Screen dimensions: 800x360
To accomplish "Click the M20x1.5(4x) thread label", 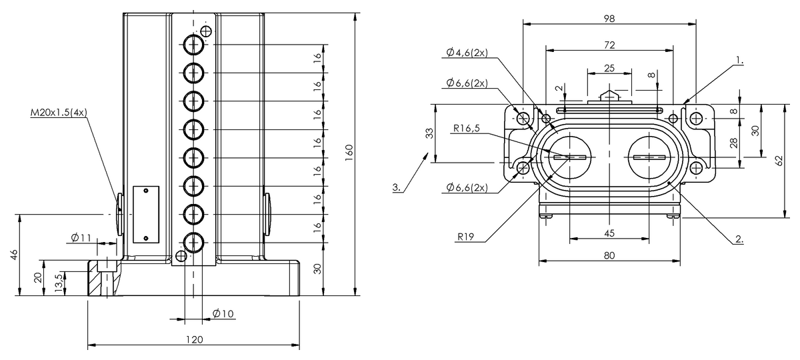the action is [x=59, y=113].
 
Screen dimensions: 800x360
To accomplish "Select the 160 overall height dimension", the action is [x=349, y=153].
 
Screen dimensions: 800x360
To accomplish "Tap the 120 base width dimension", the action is [x=194, y=339].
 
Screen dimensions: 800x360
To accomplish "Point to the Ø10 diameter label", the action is [x=223, y=313].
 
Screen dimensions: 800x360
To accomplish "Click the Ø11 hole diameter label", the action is [x=81, y=237].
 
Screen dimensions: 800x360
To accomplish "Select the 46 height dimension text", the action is [x=13, y=255].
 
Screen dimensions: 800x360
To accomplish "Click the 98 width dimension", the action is [x=609, y=19].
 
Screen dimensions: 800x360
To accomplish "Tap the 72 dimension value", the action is [x=609, y=45].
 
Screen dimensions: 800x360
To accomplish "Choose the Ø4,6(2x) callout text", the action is [x=467, y=53].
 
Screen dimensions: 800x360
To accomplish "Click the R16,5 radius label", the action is [x=467, y=128].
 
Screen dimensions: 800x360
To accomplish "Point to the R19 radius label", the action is [x=466, y=237].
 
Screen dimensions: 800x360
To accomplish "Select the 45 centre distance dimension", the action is [x=609, y=233].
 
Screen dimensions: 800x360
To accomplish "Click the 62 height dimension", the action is [x=779, y=161].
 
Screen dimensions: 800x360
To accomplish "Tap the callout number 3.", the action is [x=397, y=187].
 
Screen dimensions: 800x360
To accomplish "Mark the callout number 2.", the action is [x=739, y=239].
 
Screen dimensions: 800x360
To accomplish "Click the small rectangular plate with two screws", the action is [x=146, y=214].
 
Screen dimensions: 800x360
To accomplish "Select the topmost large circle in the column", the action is [x=193, y=45].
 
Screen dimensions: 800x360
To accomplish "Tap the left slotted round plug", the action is [x=569, y=157].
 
